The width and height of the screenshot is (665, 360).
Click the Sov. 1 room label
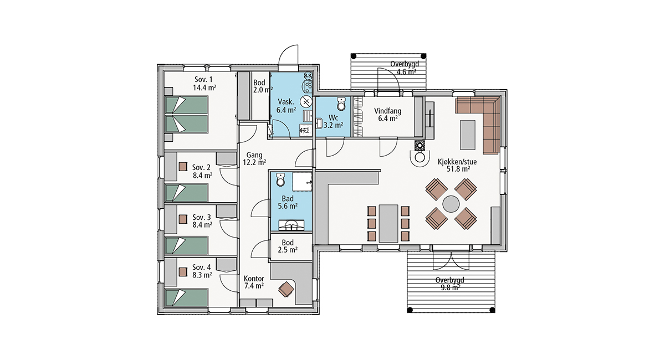click(204, 80)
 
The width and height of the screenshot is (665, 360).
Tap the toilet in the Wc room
click(341, 104)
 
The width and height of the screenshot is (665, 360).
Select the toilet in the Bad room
click(280, 179)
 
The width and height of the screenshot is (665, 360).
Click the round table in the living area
click(451, 204)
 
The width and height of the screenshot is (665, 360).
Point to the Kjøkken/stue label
click(457, 162)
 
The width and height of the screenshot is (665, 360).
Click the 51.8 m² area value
click(458, 169)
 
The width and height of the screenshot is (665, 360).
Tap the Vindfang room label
click(388, 111)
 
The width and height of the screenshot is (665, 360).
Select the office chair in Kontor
click(286, 289)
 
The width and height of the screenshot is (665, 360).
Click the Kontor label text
click(254, 279)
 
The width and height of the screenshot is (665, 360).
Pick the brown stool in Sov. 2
click(183, 167)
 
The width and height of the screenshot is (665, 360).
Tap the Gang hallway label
click(254, 155)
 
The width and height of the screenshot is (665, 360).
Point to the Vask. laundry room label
click(286, 102)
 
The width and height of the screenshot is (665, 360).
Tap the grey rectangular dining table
click(388, 224)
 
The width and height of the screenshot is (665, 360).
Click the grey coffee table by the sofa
click(468, 135)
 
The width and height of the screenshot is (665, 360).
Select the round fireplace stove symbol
click(420, 145)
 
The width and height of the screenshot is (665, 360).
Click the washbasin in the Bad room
click(291, 225)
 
